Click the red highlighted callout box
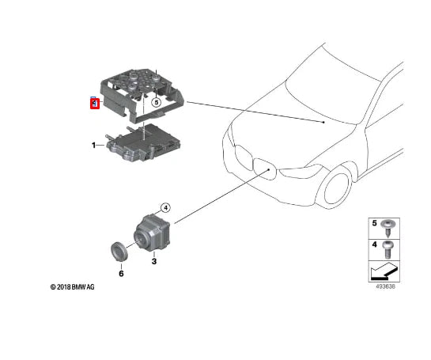point(94,103)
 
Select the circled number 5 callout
point(156,102)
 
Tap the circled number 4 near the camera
point(165,207)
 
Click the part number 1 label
point(93,146)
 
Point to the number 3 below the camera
point(154,260)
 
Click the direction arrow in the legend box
point(382,274)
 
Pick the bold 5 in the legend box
point(374,225)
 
